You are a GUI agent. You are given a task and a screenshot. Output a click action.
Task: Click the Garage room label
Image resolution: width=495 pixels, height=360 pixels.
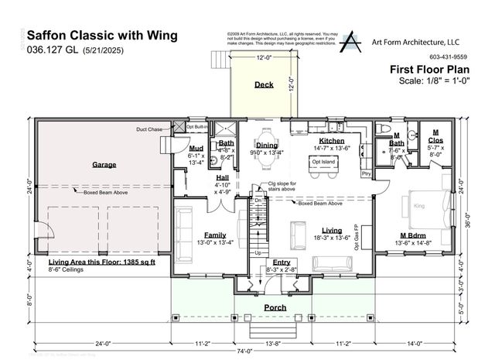pyautogui.click(x=104, y=165)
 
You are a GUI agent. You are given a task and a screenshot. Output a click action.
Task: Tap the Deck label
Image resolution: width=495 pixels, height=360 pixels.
pyautogui.click(x=264, y=84)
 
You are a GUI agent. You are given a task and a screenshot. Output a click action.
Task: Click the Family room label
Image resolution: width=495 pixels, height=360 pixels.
pyautogui.click(x=214, y=235)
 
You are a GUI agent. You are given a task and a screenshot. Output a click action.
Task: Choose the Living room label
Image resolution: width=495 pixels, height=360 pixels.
pyautogui.click(x=332, y=231)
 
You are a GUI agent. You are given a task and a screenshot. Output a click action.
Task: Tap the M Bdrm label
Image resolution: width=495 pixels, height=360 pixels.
pyautogui.click(x=414, y=235)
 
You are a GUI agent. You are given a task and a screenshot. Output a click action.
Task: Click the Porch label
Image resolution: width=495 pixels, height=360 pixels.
pyautogui.click(x=275, y=307)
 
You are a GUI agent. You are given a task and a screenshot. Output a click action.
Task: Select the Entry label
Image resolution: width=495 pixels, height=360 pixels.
pyautogui.click(x=282, y=262)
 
